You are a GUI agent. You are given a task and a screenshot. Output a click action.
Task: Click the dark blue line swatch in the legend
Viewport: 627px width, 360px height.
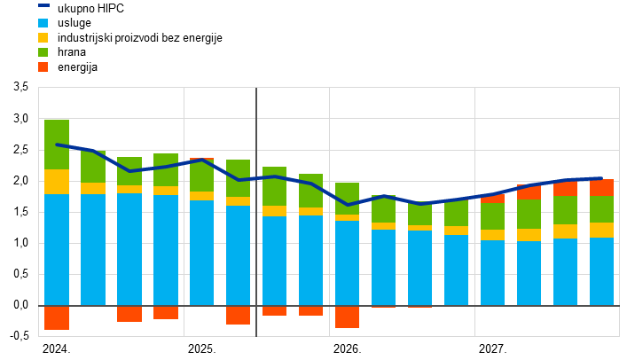tap(43, 5)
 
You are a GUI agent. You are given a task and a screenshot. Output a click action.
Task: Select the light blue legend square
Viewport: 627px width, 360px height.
tap(43, 23)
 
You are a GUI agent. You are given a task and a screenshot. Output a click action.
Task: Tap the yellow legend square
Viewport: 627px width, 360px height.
tap(43, 37)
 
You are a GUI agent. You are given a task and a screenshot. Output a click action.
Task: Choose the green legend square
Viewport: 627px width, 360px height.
tap(43, 52)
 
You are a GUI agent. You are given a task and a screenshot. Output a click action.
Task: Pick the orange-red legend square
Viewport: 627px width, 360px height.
tap(43, 67)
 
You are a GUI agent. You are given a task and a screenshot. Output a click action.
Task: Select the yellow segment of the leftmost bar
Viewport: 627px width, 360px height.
tap(57, 182)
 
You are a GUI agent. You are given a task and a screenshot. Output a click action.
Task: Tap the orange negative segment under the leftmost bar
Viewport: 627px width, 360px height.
tap(57, 317)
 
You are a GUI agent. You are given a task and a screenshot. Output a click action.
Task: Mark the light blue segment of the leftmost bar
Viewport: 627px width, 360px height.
tap(57, 250)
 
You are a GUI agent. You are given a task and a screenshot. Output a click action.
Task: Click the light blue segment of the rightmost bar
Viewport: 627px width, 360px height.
tap(601, 271)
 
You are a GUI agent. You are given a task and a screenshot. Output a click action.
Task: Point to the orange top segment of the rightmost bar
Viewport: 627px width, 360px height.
tap(601, 188)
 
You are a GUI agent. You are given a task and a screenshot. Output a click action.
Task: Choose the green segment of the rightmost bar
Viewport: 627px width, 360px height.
tap(601, 209)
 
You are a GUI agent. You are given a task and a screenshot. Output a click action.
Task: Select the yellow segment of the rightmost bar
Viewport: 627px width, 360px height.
tap(601, 230)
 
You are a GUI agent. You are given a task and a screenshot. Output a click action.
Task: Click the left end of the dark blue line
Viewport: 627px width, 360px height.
tap(57, 145)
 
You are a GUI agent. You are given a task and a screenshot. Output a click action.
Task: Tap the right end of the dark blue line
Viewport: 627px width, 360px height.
tap(601, 178)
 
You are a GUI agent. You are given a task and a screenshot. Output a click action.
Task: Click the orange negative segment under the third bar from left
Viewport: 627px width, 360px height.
tap(129, 314)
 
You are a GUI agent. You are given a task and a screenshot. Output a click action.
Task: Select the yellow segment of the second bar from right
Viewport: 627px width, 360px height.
tap(565, 231)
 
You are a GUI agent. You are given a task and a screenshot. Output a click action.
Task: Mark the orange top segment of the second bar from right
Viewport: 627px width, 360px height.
tap(565, 189)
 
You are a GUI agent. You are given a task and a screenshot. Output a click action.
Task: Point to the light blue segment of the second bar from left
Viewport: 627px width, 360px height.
tap(93, 250)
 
